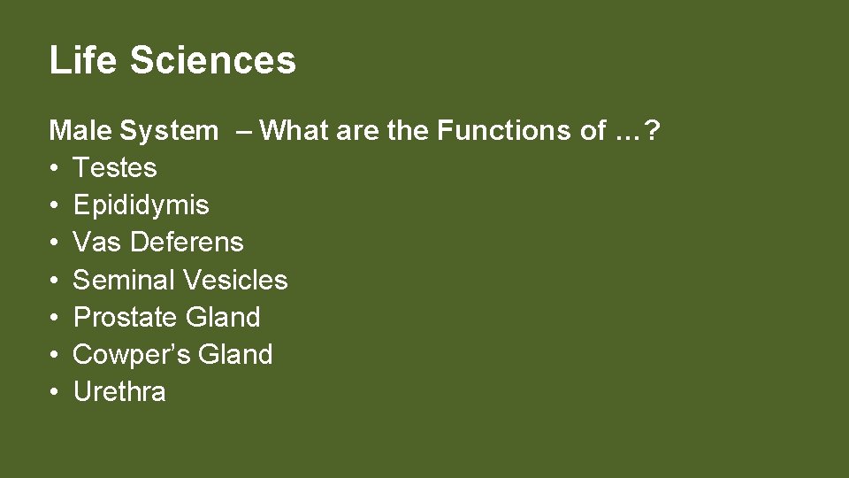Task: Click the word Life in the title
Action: [x=83, y=60]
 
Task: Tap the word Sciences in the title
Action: [x=212, y=60]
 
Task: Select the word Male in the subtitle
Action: [x=80, y=131]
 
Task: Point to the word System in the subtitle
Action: [x=169, y=131]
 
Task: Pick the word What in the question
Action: [x=294, y=131]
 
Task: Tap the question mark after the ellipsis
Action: [x=653, y=131]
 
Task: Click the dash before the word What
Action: [x=243, y=131]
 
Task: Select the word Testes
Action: [x=114, y=168]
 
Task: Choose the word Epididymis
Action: [x=141, y=205]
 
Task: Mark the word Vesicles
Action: [x=234, y=281]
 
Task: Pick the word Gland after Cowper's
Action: [x=235, y=355]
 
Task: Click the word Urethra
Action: [x=119, y=392]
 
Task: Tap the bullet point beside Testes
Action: [x=54, y=169]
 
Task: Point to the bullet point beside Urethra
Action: [x=54, y=393]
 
